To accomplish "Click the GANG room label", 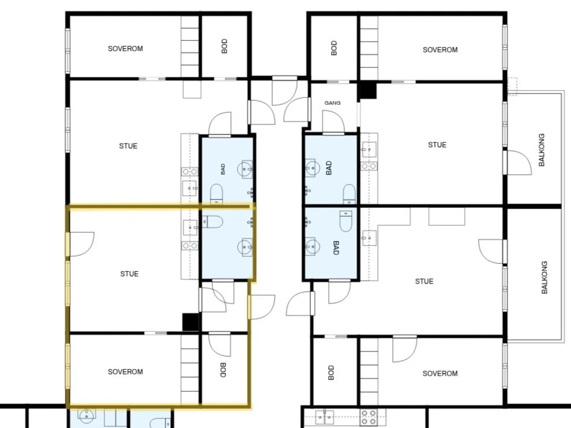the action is tap(332, 103).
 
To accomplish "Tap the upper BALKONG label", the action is tap(542, 150).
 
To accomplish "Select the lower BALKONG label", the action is tap(544, 277).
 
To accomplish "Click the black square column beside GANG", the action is tap(368, 90).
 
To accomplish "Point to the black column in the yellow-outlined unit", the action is tap(190, 322).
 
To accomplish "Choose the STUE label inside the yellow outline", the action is tap(129, 274).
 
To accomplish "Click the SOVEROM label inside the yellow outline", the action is tap(125, 372).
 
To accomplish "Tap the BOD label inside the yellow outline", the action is tap(223, 370).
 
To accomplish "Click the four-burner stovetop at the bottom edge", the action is tap(368, 417).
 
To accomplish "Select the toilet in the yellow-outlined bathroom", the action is tap(212, 221).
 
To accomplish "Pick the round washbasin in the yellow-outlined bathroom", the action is tap(245, 247).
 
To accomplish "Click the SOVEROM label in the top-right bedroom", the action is tap(440, 50).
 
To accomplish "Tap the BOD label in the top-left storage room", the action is tap(224, 46).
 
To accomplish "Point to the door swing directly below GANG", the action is tap(333, 122).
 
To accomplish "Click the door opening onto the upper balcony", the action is tap(519, 162).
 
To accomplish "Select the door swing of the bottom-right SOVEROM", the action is tap(404, 349).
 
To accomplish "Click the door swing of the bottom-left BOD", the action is tap(219, 344).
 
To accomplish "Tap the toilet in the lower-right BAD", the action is tap(345, 221).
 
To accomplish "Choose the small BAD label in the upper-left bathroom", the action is tap(223, 169).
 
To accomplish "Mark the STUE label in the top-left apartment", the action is tap(128, 146).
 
